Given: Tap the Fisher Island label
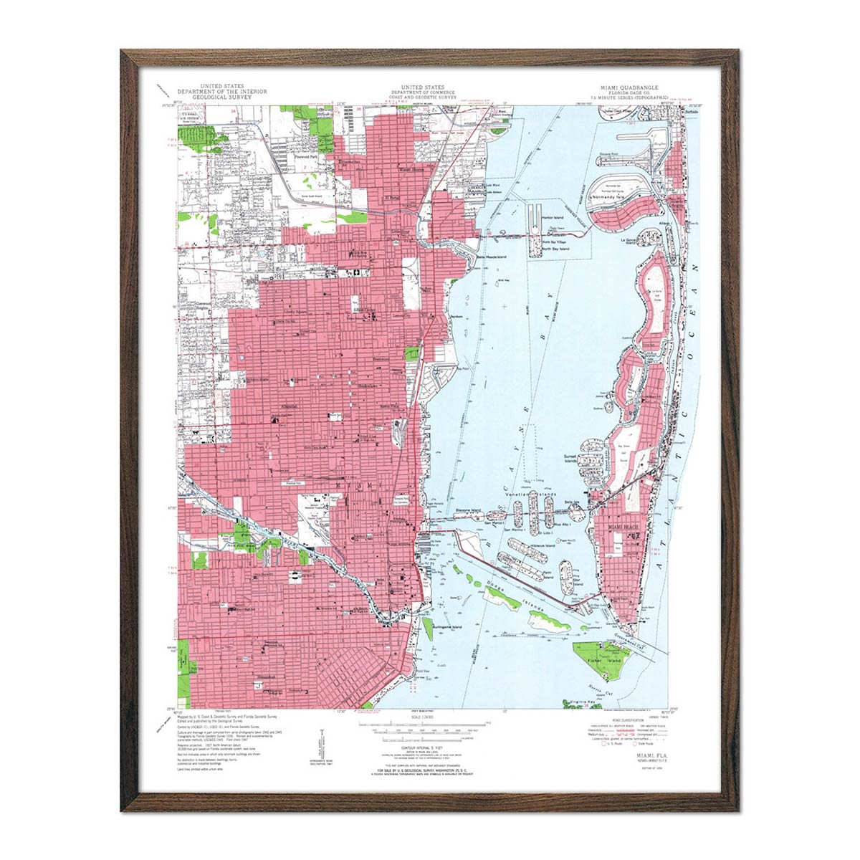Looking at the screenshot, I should point(598,660).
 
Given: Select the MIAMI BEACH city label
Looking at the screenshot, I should point(622,527).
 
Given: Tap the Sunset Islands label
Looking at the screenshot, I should point(570,459).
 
